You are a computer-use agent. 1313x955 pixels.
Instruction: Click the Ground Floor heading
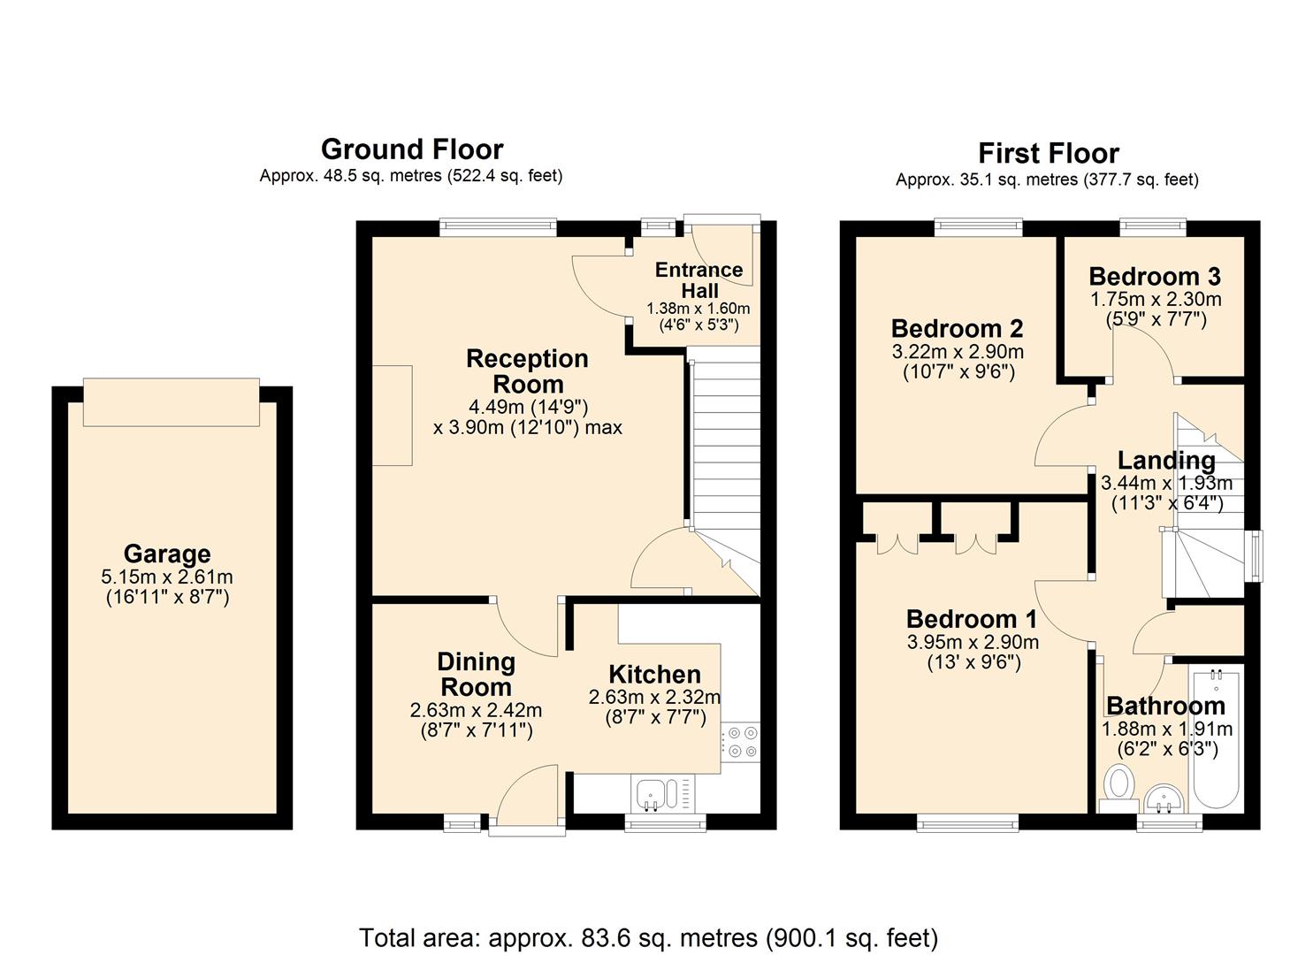click(x=411, y=149)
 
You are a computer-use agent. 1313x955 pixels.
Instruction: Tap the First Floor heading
click(x=1048, y=153)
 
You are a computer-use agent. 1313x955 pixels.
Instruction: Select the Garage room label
click(x=167, y=554)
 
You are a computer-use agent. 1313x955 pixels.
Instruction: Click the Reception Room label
click(x=527, y=371)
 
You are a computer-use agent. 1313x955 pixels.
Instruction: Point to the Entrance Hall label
click(x=698, y=279)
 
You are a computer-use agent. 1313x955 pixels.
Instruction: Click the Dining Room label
click(x=476, y=674)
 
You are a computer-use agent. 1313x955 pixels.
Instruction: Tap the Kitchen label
click(x=654, y=675)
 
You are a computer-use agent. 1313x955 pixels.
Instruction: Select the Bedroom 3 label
click(x=1154, y=276)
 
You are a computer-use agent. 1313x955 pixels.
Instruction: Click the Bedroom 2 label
click(x=957, y=329)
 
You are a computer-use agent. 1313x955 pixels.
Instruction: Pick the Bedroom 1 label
click(x=972, y=619)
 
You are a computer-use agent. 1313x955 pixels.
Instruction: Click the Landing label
click(x=1166, y=461)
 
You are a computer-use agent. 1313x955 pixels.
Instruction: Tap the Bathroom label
click(x=1165, y=706)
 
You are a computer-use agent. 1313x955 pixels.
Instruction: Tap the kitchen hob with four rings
click(x=740, y=741)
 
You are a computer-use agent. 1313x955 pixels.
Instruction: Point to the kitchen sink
click(x=656, y=793)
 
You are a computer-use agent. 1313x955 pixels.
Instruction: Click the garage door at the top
click(x=172, y=402)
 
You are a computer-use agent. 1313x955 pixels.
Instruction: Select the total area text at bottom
click(x=648, y=937)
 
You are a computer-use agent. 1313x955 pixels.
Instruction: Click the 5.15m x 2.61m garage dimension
click(x=167, y=577)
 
